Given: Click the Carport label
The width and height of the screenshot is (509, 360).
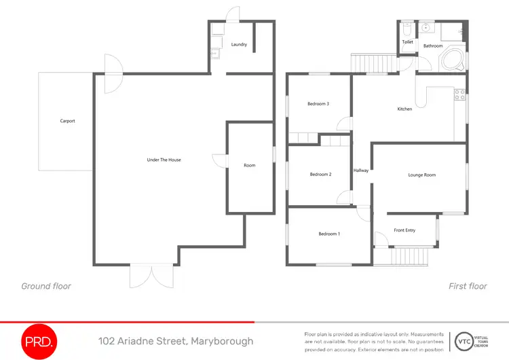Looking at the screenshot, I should pos(67,121).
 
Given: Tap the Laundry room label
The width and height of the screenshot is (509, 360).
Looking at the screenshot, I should pos(238,45).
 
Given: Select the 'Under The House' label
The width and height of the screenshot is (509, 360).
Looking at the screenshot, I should pos(164,160).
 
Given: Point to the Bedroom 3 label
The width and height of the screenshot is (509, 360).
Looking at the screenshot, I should pos(318,104).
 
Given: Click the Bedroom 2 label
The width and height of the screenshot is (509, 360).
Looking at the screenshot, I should pos(320,175).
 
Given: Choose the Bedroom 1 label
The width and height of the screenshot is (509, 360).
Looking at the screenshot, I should pos(329,234).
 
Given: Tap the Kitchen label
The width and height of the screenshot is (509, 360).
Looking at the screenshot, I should pos(404,109).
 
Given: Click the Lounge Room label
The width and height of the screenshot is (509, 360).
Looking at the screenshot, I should pos(421,175).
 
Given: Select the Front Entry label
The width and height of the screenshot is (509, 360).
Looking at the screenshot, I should pos(404,230).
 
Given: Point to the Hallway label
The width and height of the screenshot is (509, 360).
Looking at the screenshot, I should pos(361,170).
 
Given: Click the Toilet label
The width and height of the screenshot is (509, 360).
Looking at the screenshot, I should pos(407,42).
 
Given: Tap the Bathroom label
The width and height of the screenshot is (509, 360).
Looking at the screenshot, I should pos(433,46).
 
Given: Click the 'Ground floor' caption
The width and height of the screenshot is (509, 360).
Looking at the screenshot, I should pos(46,286).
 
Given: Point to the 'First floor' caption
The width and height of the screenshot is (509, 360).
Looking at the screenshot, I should pos(468,286).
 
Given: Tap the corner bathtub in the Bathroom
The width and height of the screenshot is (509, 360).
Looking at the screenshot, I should pos(452,59).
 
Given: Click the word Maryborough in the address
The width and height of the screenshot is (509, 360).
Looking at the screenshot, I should pos(222,341).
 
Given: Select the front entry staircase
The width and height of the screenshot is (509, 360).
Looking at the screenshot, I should pos(409,256).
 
